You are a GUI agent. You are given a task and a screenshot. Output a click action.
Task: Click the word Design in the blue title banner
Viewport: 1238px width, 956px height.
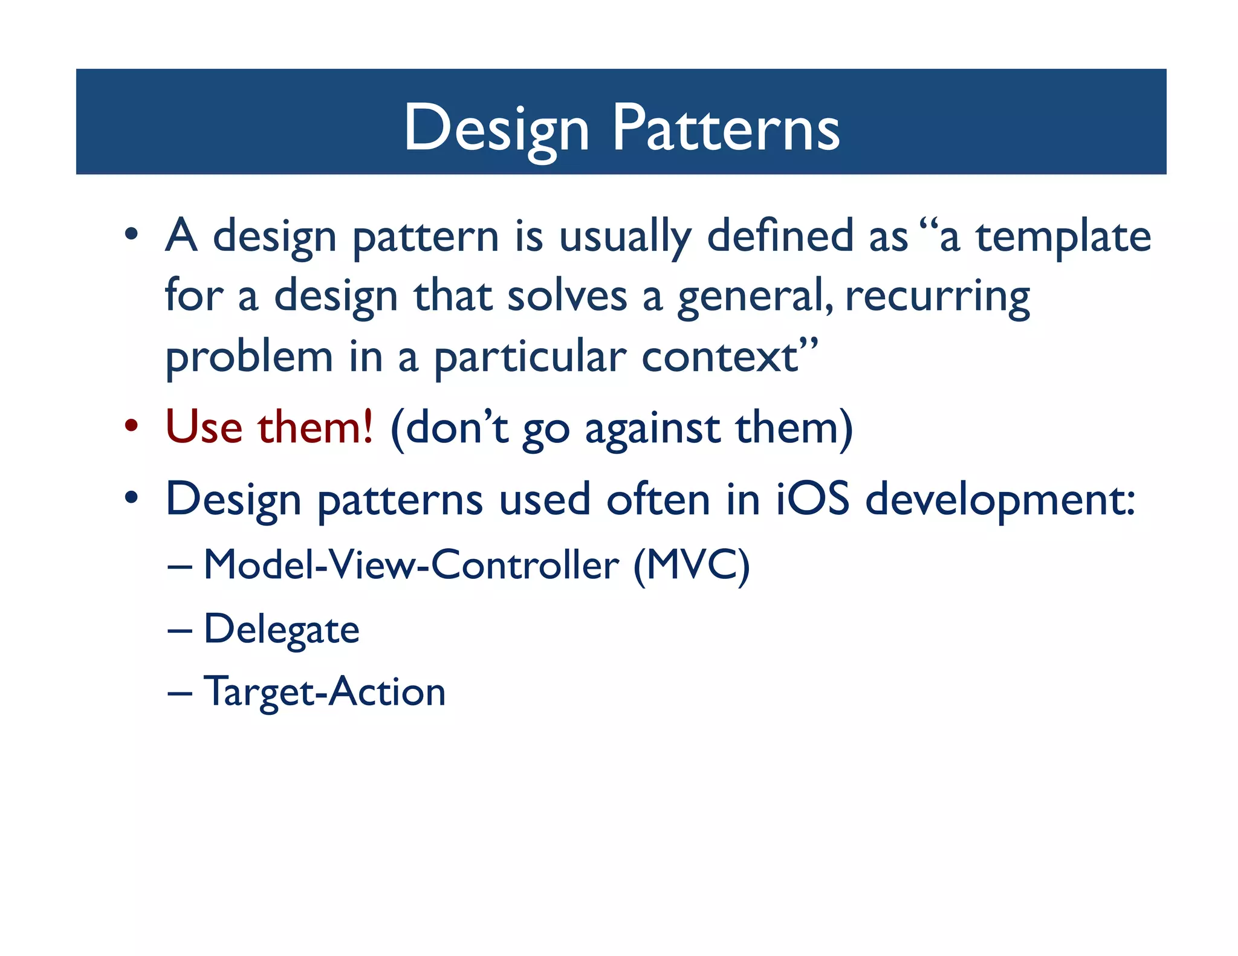pyautogui.click(x=496, y=128)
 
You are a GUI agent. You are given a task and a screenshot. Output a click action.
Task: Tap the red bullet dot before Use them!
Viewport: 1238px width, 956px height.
pyautogui.click(x=132, y=425)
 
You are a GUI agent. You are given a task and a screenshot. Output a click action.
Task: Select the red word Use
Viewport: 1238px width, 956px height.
pyautogui.click(x=204, y=427)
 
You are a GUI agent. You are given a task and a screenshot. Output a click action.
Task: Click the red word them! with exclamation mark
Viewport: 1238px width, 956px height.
pyautogui.click(x=315, y=427)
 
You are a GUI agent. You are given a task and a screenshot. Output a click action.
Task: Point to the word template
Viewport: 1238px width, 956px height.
pyautogui.click(x=1063, y=237)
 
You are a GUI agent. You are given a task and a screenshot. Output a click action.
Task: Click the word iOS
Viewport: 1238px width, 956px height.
pyautogui.click(x=812, y=499)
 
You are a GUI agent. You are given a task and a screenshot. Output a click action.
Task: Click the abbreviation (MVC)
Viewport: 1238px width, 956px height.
pyautogui.click(x=692, y=566)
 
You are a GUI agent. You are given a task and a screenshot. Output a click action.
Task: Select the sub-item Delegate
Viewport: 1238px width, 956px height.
pyautogui.click(x=282, y=630)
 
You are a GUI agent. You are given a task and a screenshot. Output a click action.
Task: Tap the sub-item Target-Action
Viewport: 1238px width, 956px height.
pyautogui.click(x=325, y=692)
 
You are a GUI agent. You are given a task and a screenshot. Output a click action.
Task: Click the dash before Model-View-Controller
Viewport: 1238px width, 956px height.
pyautogui.click(x=180, y=568)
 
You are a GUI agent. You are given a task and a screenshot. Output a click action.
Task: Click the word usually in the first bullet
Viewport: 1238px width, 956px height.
pyautogui.click(x=624, y=237)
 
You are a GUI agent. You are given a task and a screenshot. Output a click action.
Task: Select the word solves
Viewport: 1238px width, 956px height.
pyautogui.click(x=567, y=297)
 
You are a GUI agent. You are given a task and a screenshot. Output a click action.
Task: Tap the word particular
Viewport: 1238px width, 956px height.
pyautogui.click(x=530, y=358)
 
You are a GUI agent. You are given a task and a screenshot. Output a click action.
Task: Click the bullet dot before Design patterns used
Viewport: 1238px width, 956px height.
pyautogui.click(x=132, y=498)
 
